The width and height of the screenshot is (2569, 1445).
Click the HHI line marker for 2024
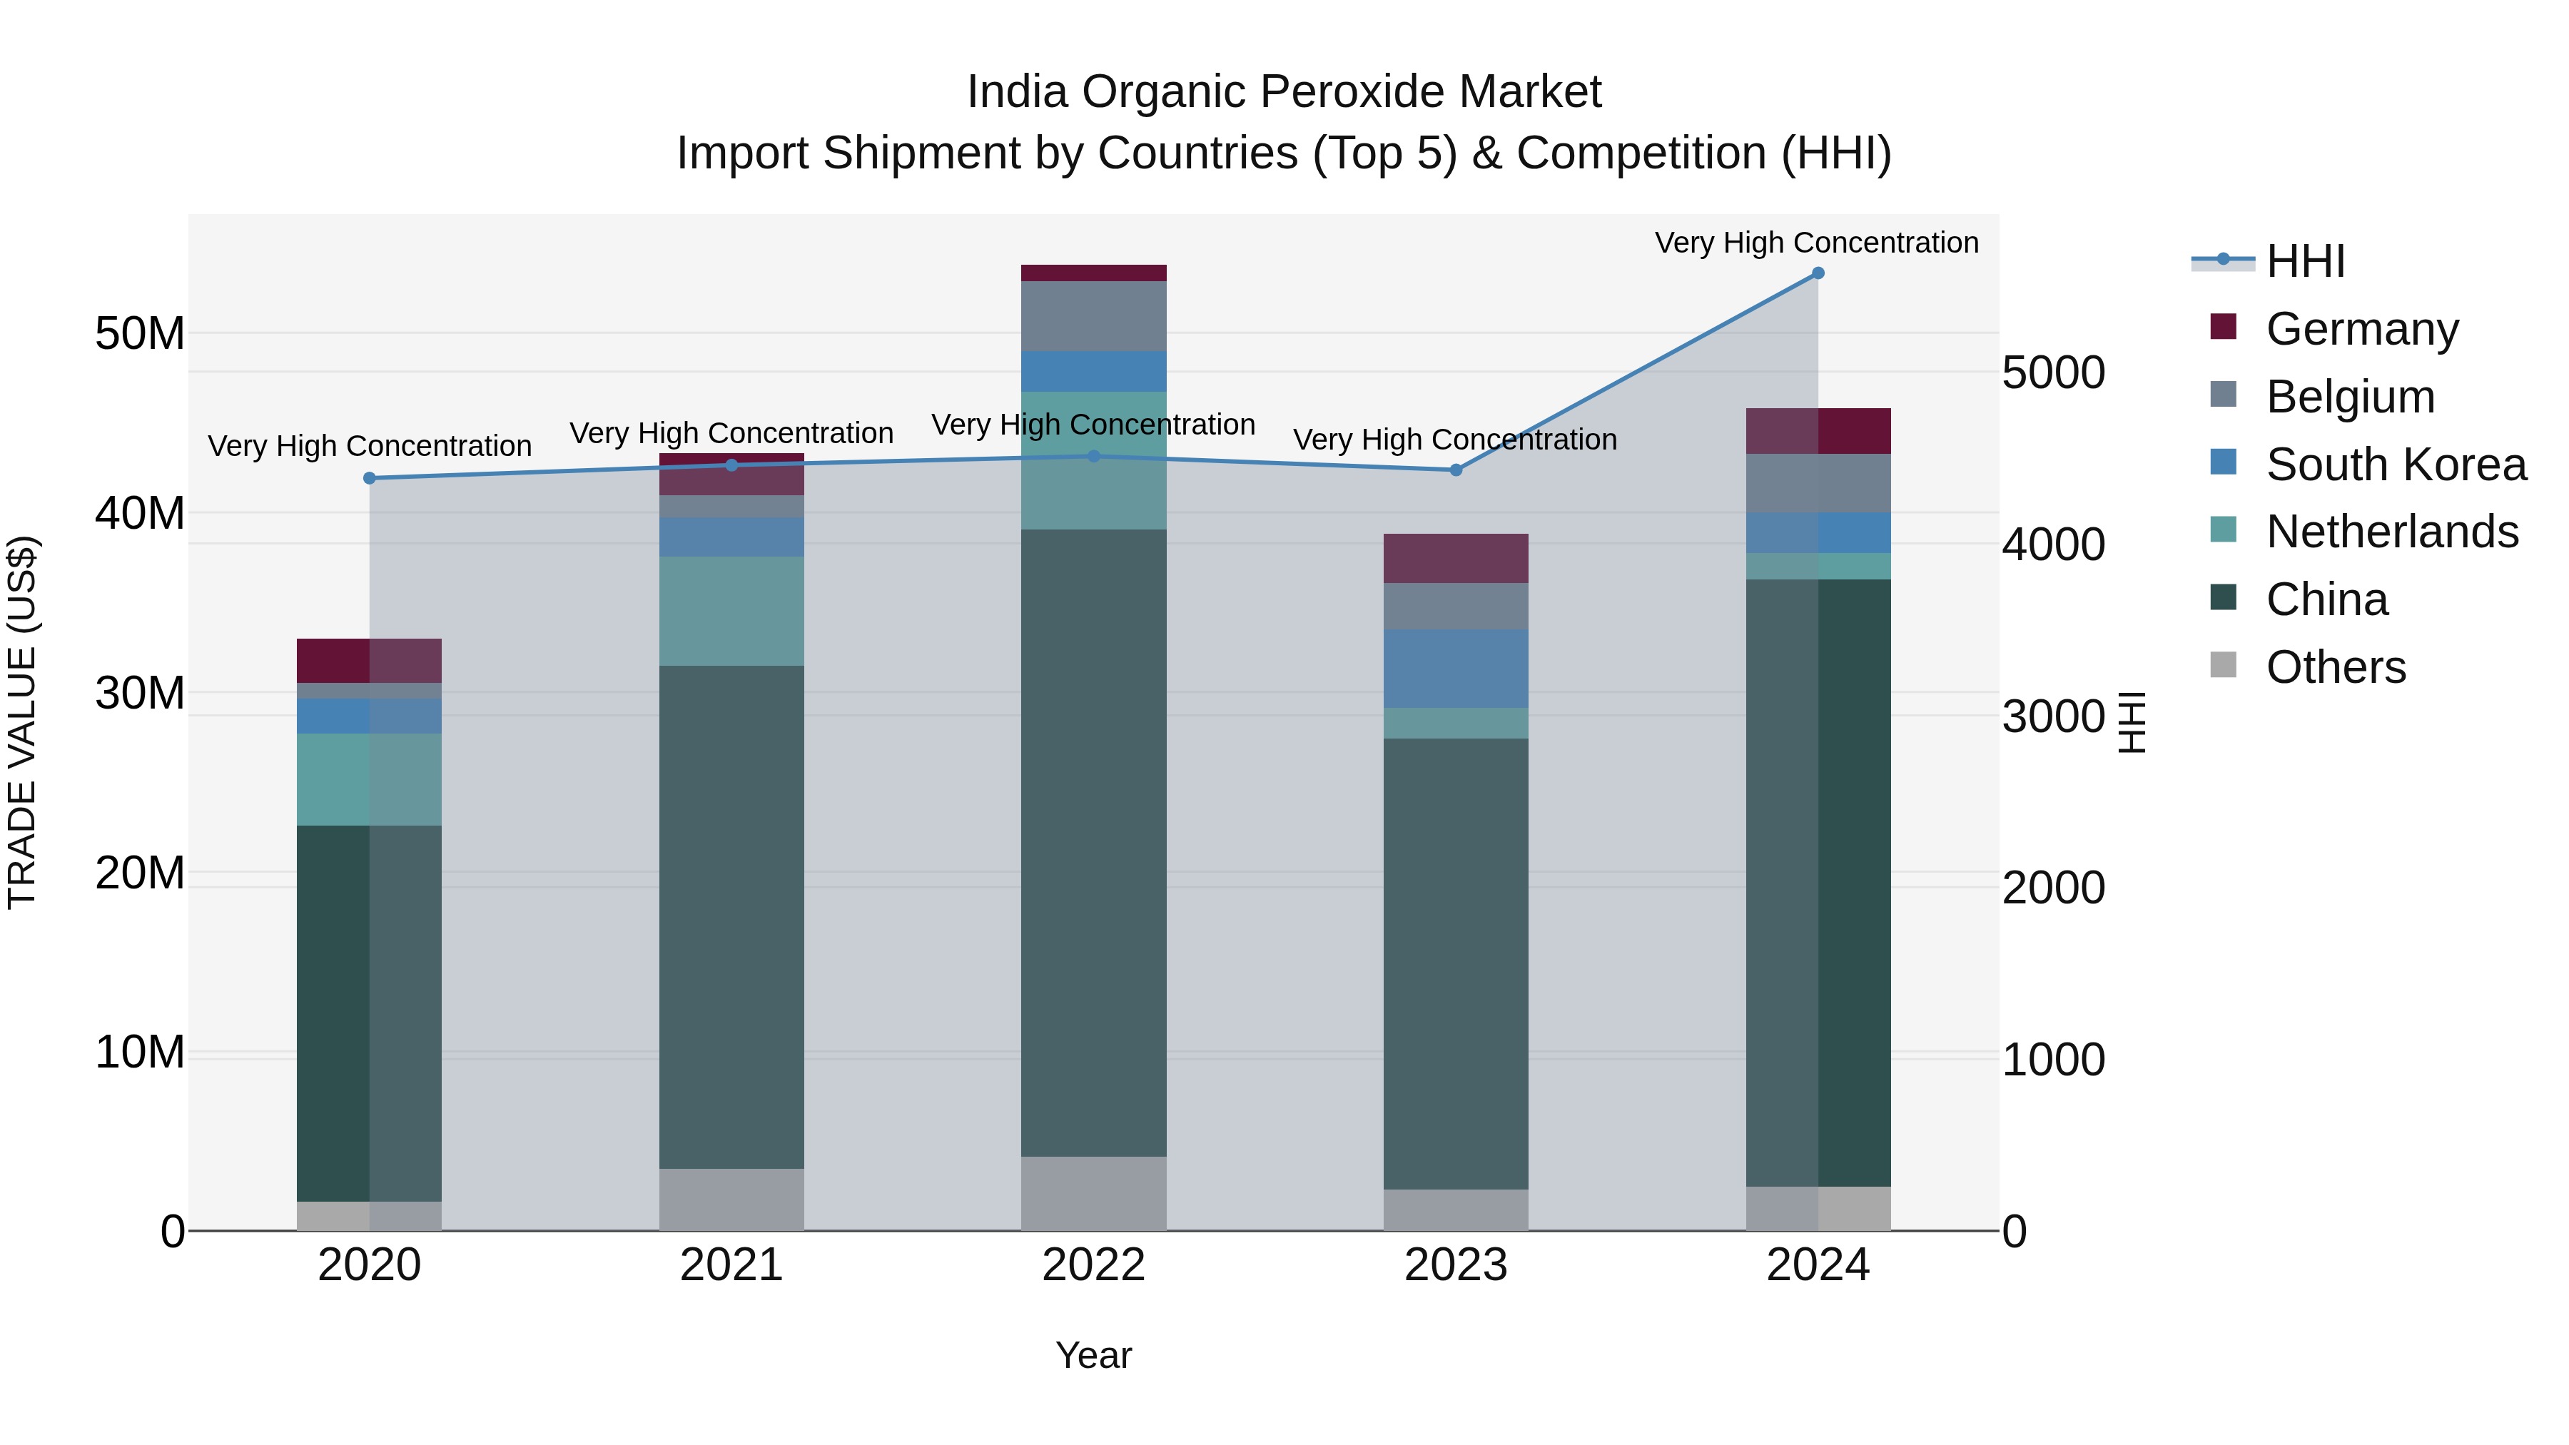(1817, 273)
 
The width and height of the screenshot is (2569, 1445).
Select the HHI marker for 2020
(370, 479)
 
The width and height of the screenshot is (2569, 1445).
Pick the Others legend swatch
(2223, 665)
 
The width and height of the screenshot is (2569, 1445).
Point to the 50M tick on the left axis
(140, 333)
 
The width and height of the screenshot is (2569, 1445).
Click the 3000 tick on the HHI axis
(2052, 717)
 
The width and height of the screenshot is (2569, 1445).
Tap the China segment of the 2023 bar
(1455, 963)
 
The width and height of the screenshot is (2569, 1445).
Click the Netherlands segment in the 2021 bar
(731, 610)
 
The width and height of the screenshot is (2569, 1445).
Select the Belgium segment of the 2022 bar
(1093, 316)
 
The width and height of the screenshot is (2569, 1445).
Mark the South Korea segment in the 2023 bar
(1455, 668)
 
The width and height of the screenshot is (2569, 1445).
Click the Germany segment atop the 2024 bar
(1817, 431)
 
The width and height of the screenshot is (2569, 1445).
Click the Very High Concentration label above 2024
(1816, 243)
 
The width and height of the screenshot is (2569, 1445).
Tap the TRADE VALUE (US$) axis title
(22, 722)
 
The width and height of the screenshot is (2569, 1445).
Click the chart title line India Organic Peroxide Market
(1284, 92)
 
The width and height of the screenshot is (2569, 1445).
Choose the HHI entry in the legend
(2304, 261)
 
